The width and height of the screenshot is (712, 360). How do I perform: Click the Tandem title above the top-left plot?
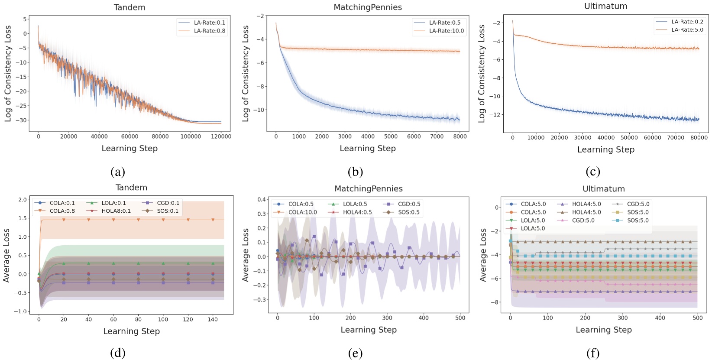tap(129, 7)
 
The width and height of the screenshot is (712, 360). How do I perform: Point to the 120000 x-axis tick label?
tap(221, 136)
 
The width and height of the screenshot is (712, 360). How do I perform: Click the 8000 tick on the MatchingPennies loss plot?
tap(460, 136)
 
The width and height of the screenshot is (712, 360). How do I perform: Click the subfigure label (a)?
tap(118, 172)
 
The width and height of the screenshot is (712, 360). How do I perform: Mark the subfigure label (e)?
tap(355, 354)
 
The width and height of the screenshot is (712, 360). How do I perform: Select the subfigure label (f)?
tap(593, 354)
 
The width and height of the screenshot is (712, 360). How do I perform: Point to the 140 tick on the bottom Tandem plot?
tap(213, 320)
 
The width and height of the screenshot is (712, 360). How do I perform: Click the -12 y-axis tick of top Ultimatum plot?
tap(496, 115)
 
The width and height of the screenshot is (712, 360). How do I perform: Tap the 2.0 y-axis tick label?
tap(23, 200)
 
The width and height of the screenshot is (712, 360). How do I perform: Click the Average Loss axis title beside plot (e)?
tap(246, 255)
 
